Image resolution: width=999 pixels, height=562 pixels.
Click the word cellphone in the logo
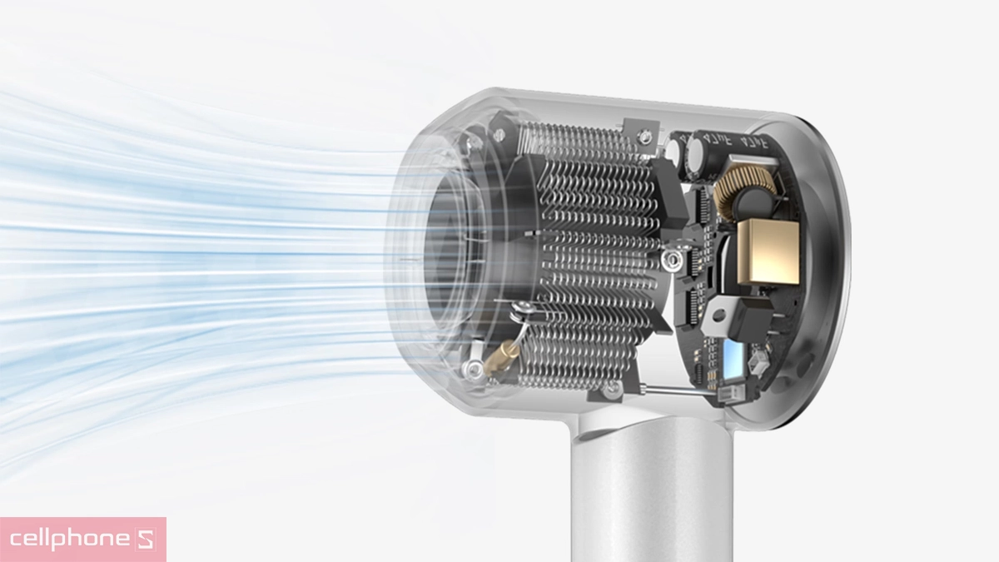[70, 540]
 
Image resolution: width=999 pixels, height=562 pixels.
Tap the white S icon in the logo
[146, 540]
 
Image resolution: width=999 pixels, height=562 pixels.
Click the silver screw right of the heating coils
[671, 260]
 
